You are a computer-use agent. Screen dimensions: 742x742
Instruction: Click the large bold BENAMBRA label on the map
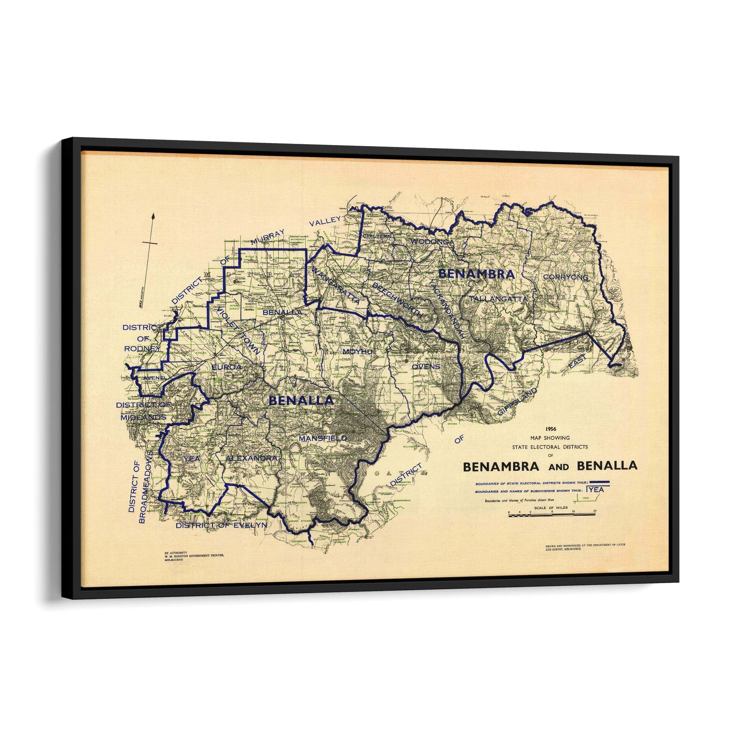tap(476, 274)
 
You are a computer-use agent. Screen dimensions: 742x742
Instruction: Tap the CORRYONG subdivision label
tap(566, 277)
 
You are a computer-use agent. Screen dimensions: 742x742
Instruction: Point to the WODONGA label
tap(433, 242)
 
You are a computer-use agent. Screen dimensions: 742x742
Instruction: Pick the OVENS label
tap(426, 367)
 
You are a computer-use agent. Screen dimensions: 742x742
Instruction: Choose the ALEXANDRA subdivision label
tap(252, 459)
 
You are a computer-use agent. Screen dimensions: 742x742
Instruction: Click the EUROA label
tap(227, 367)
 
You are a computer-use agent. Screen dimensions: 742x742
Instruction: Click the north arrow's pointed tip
tap(154, 215)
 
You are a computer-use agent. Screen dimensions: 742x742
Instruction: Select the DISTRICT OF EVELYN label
tap(221, 526)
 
